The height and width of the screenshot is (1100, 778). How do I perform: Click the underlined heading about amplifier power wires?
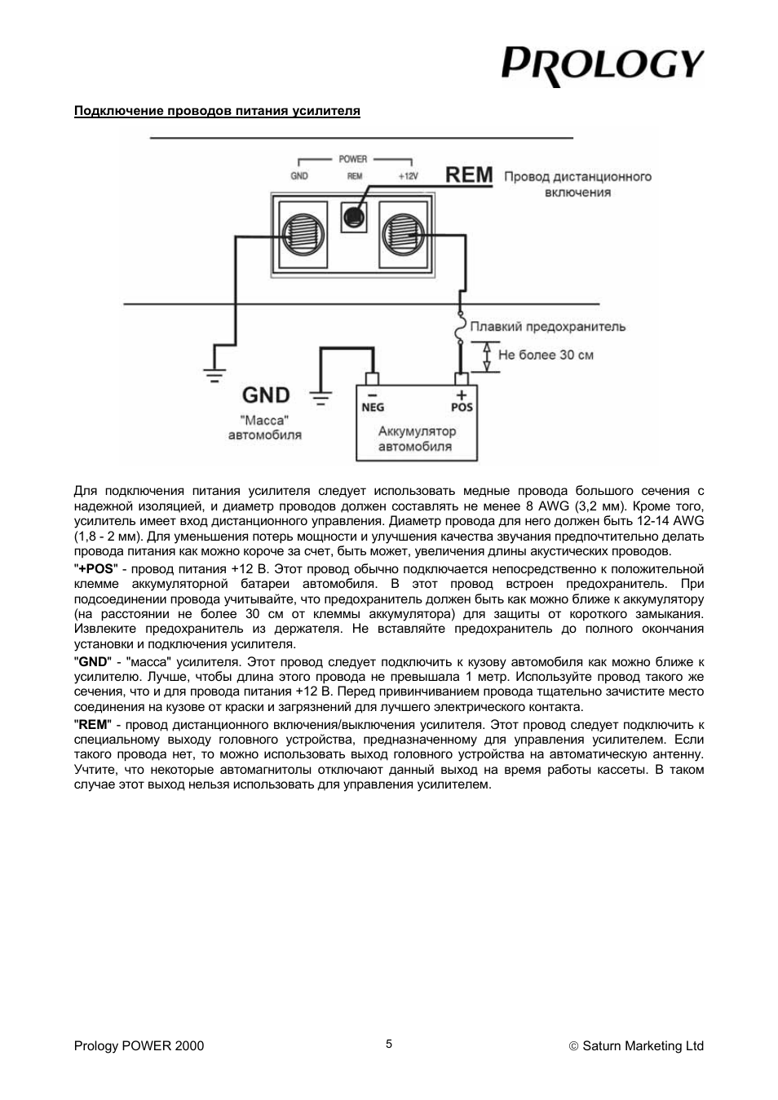coord(217,111)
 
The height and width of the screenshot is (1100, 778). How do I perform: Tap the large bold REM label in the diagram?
coord(469,175)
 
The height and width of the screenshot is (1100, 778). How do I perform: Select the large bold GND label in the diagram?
coord(266,395)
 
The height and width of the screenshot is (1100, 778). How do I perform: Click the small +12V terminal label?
coord(408,176)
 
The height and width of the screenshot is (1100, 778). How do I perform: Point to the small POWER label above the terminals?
coord(353,159)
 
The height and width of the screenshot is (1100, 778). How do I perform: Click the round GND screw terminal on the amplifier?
coord(303,233)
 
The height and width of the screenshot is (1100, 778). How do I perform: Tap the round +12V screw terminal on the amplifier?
coord(404,233)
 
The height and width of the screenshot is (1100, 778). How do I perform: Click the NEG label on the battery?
coord(373,407)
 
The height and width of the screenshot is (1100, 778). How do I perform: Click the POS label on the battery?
coord(462,407)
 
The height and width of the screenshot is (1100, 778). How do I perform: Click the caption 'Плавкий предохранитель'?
coord(548,327)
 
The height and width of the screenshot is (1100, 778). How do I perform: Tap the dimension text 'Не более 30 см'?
coord(546,355)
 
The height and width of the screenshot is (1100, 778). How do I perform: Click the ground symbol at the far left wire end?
coord(214,376)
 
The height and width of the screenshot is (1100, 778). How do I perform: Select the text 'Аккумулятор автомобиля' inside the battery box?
coord(416,439)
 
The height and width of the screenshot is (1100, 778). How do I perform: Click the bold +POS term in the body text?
coord(96,568)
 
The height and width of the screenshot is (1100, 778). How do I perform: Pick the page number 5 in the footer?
coord(389,1044)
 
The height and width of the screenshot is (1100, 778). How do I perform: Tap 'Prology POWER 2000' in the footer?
coord(139,1046)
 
